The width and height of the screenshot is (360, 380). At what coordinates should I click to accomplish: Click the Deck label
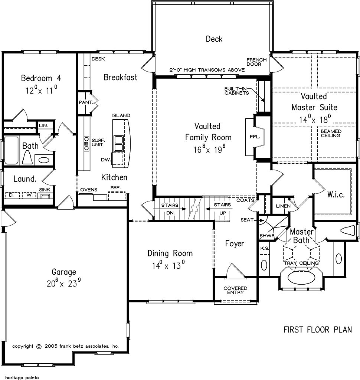(214, 39)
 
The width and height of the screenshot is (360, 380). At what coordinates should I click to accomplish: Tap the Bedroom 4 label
(41, 78)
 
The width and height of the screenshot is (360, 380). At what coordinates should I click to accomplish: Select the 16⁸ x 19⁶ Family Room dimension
(209, 148)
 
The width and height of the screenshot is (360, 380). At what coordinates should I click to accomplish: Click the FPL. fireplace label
(255, 137)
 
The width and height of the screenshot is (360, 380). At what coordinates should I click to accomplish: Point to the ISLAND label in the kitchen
(121, 116)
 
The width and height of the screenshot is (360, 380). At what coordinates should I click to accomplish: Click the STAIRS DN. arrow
(170, 209)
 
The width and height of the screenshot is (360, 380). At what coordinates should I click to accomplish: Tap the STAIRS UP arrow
(219, 209)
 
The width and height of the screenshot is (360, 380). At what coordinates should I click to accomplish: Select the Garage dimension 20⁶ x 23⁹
(64, 282)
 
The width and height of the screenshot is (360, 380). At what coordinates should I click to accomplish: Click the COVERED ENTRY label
(235, 290)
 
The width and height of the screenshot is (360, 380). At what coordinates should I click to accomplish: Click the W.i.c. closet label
(336, 194)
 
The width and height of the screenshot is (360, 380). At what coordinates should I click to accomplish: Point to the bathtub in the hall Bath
(11, 151)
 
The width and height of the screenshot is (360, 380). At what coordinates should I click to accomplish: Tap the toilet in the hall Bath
(27, 157)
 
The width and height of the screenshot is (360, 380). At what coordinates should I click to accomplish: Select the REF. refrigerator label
(115, 187)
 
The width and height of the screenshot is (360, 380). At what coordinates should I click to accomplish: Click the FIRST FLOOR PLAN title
(318, 330)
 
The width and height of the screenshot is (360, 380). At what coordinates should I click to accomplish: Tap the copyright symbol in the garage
(39, 347)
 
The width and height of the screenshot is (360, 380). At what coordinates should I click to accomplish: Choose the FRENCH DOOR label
(256, 62)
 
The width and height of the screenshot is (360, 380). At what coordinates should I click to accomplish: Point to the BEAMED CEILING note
(331, 133)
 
